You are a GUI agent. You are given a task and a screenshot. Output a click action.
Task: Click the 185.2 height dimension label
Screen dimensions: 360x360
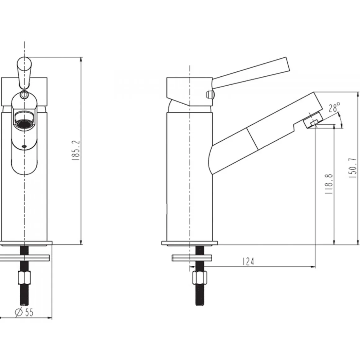point(76,151)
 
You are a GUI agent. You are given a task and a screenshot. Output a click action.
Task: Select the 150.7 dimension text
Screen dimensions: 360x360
point(354,168)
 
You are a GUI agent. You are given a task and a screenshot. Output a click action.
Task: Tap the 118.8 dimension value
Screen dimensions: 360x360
point(329,184)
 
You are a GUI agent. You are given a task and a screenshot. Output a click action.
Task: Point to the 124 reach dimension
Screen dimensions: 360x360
point(248,261)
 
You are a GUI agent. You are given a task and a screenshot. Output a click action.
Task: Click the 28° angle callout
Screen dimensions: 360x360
point(334,107)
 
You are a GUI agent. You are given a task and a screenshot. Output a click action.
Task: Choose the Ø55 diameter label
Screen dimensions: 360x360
point(24,312)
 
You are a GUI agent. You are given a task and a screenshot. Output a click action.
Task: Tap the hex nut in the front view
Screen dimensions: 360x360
point(24,278)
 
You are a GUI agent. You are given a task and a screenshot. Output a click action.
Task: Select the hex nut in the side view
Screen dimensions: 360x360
point(200,278)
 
